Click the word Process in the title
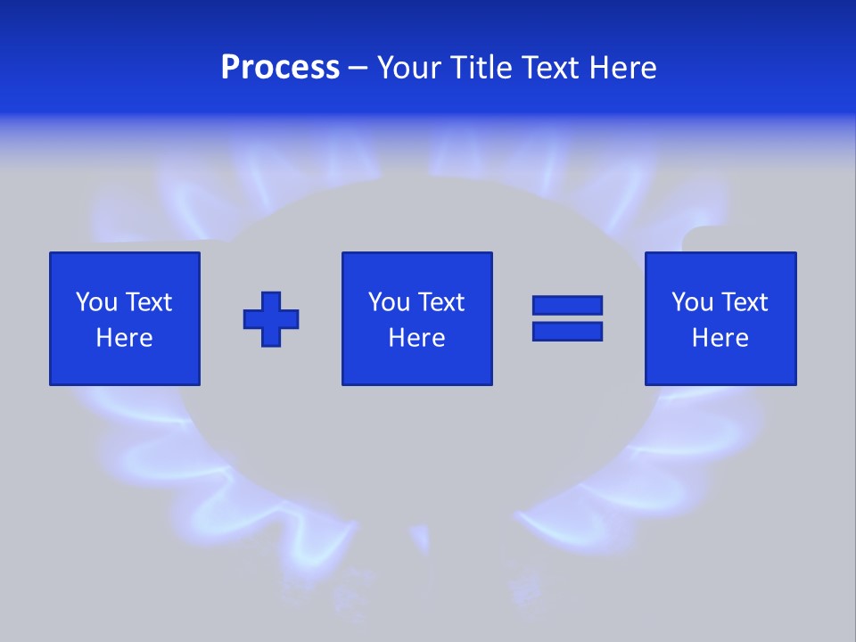280,68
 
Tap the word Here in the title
624,68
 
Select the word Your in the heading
408,68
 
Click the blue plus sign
271,318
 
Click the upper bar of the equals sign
567,305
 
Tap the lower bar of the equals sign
567,331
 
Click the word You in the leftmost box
96,302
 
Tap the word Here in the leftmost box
124,338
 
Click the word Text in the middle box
440,302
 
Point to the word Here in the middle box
416,338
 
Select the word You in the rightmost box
692,302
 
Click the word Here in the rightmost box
720,338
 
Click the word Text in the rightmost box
744,302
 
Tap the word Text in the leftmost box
148,302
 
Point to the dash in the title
358,69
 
